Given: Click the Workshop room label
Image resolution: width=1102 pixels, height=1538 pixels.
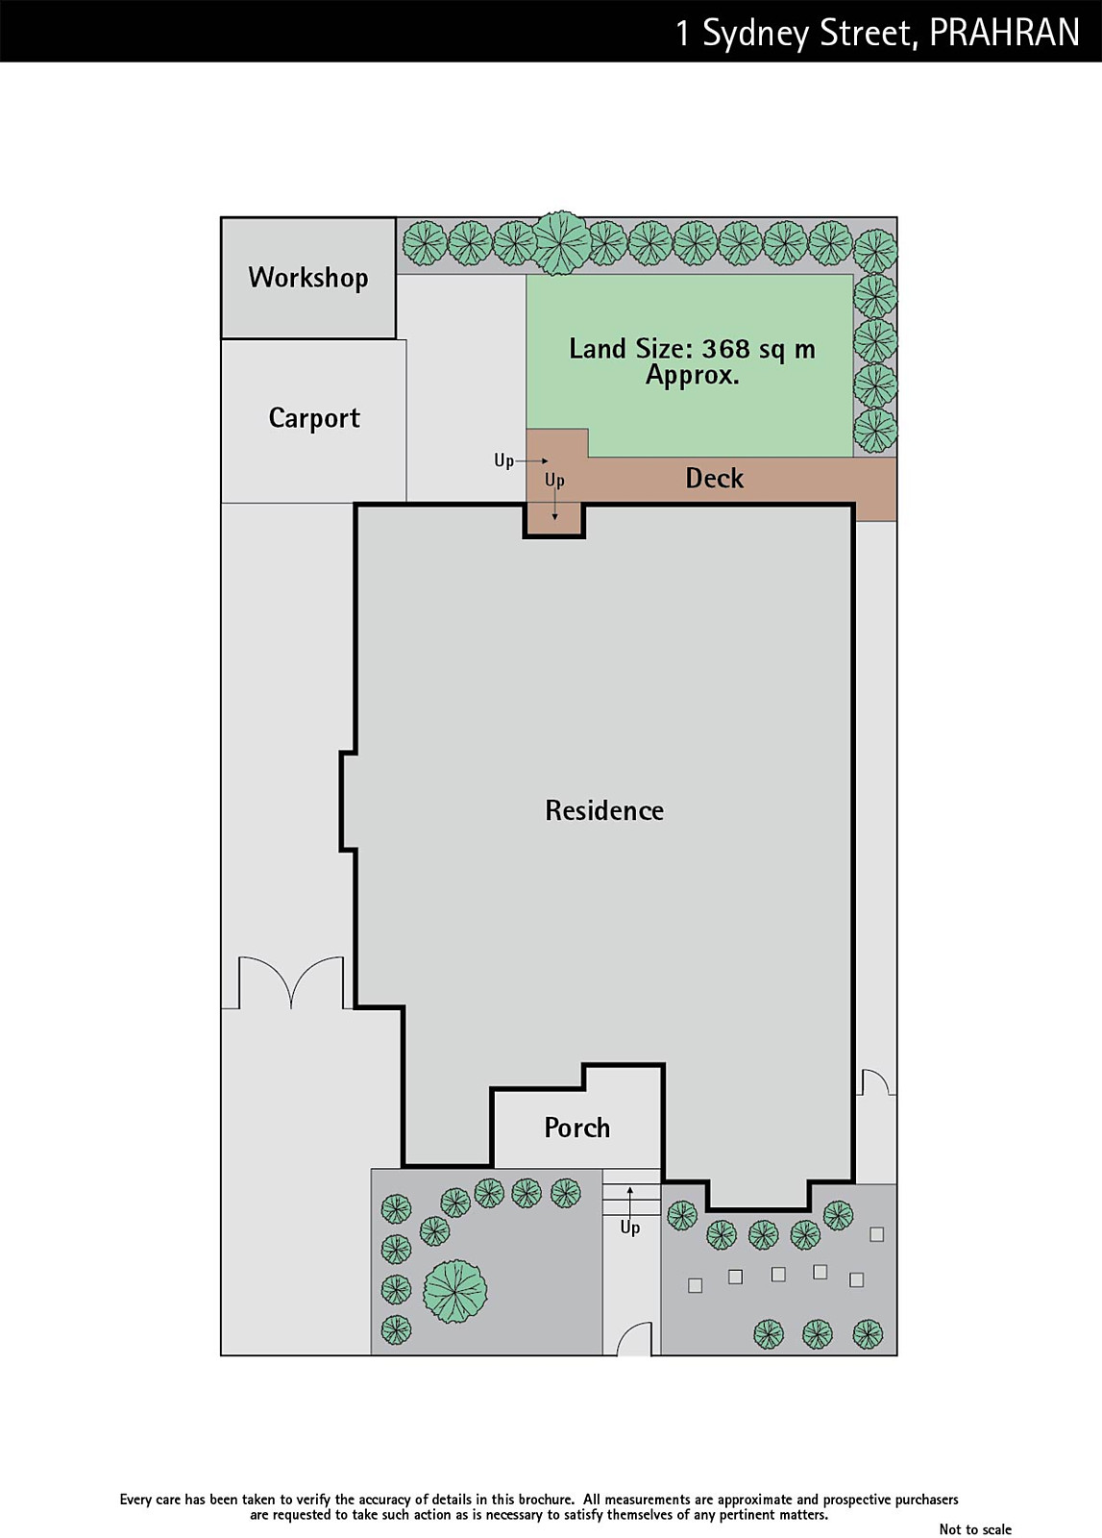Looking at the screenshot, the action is [x=308, y=278].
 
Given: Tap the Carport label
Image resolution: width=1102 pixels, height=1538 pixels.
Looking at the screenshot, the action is [x=314, y=418].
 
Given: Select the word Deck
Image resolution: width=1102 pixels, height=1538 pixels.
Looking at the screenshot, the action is [x=714, y=478].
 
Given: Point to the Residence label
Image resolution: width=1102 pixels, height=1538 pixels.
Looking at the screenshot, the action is [x=604, y=810].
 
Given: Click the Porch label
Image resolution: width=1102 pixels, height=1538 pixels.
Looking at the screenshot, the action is [x=577, y=1128].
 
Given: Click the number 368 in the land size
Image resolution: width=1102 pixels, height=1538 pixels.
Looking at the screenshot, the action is [x=726, y=349].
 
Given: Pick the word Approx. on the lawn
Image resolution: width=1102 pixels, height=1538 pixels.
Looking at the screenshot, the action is [x=693, y=376].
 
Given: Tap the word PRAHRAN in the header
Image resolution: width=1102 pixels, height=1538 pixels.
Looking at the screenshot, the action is [x=1005, y=33].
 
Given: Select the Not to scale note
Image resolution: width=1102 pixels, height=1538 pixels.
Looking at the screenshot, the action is [x=975, y=1529].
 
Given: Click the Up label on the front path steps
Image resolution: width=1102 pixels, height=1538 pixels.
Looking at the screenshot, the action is [x=630, y=1227].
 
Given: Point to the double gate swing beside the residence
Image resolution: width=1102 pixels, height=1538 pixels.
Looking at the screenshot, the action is [x=291, y=982].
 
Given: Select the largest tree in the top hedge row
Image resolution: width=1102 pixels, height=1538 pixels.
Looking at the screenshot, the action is [x=560, y=243].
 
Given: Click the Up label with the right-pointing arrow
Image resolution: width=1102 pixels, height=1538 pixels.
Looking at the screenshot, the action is [x=503, y=460].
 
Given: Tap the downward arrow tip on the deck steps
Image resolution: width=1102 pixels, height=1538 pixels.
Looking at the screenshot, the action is [x=554, y=518].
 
